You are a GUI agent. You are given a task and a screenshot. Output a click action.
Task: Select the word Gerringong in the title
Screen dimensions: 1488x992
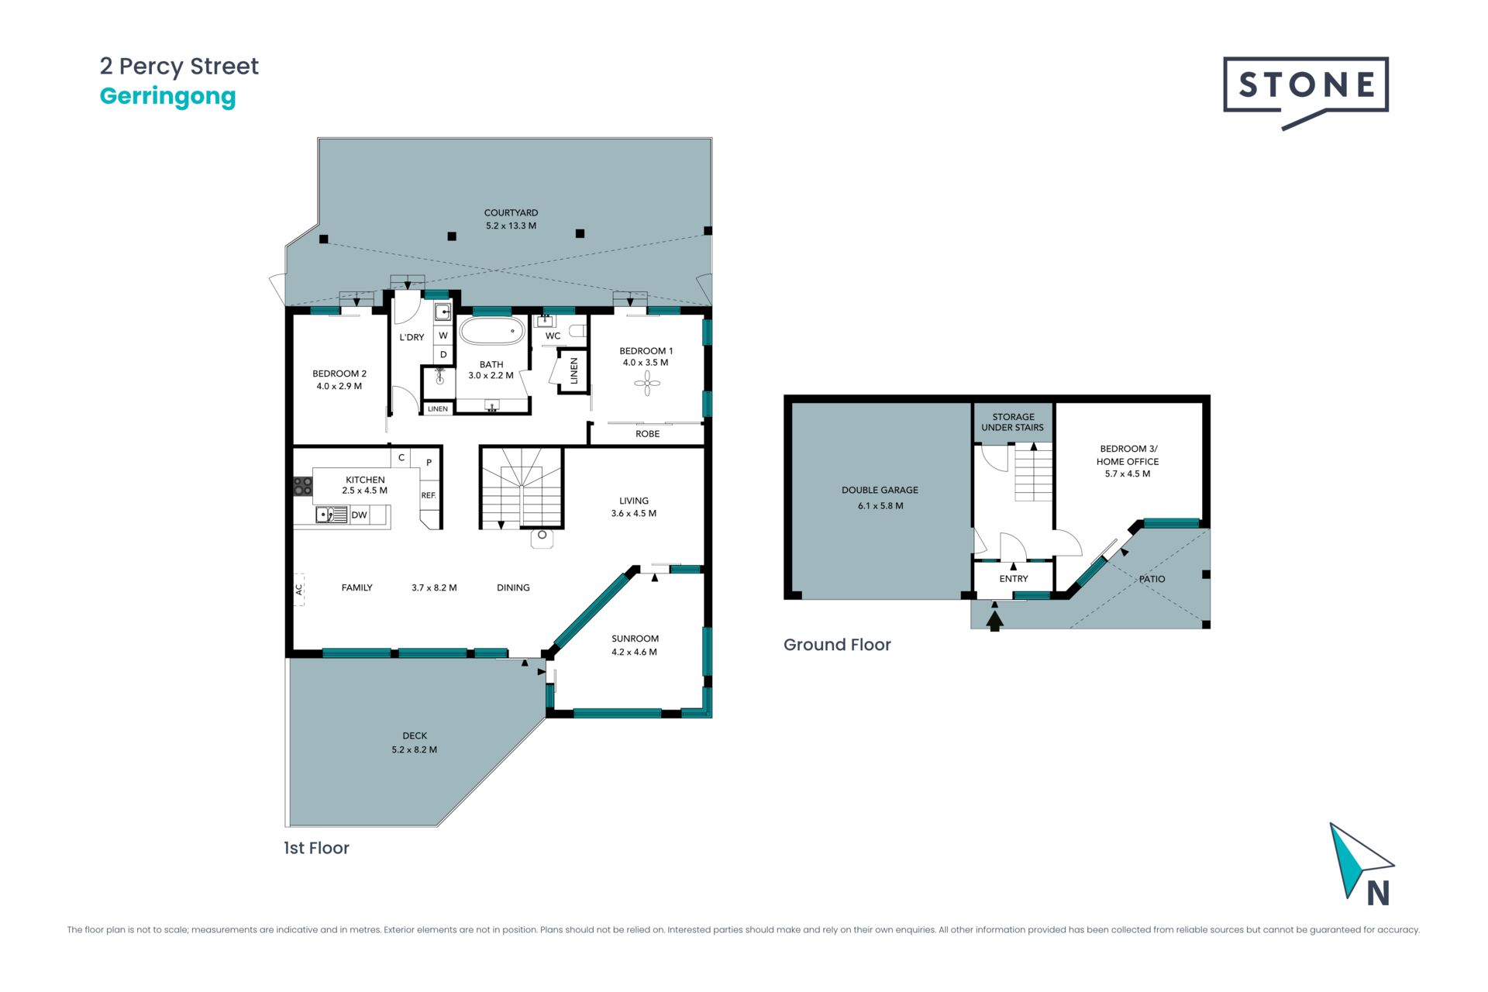167,97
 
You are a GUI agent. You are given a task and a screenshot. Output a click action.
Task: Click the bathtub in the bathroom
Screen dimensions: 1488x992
492,331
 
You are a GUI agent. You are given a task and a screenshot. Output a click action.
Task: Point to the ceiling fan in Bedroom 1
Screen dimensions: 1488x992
647,383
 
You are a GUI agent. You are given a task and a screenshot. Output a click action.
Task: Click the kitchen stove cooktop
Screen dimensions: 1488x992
302,487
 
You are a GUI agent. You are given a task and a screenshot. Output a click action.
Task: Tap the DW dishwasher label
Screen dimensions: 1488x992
359,515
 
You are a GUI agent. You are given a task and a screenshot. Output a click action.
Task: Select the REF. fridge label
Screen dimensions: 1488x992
429,495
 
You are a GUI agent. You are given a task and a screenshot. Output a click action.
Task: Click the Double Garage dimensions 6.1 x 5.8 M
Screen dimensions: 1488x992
880,506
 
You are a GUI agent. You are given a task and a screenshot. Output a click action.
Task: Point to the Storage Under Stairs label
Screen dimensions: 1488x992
1013,422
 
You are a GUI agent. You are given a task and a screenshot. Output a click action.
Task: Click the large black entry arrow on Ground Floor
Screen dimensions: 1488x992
995,620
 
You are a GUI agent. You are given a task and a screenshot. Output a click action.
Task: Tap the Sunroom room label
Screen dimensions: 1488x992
635,639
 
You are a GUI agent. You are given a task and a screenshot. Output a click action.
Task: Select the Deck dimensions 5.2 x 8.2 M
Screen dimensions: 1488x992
415,750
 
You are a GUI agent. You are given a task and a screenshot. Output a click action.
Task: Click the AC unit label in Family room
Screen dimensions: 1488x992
299,590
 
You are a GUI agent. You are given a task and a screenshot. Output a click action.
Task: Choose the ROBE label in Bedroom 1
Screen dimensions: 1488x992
648,434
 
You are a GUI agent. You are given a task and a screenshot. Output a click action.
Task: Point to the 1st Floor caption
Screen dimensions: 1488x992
316,848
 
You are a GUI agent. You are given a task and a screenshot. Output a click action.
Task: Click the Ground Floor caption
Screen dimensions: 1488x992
837,645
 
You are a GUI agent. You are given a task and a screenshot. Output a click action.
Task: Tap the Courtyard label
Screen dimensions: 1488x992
511,212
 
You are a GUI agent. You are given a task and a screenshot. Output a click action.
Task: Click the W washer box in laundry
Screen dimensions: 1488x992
443,336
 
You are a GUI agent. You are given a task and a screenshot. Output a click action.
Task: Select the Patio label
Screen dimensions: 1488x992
1152,579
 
